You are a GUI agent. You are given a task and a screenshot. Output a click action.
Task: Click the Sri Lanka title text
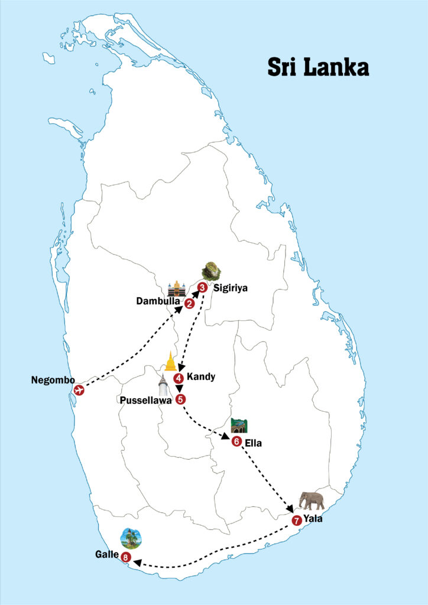[317, 66]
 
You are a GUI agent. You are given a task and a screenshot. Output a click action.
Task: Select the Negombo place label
[53, 379]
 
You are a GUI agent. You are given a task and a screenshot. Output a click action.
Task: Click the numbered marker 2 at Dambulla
[189, 304]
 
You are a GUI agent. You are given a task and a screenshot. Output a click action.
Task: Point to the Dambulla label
[157, 301]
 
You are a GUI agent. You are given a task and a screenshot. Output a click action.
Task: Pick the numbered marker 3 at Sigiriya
[202, 288]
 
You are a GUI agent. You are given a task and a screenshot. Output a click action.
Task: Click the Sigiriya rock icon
[211, 271]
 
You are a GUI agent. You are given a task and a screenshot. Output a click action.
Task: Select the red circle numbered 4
[178, 378]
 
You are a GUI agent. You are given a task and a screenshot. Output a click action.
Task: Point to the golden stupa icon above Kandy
[171, 361]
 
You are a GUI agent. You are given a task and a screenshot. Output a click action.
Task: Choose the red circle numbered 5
[180, 399]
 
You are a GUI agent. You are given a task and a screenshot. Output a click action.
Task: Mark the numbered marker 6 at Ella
[236, 441]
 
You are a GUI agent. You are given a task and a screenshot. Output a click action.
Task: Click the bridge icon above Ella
[239, 425]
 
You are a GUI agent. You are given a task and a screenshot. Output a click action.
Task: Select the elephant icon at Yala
[311, 500]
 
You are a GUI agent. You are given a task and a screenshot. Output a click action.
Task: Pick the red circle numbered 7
[296, 521]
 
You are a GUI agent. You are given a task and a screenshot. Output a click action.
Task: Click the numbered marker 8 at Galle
[125, 557]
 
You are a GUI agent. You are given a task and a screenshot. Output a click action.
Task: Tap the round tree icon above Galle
[130, 538]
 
